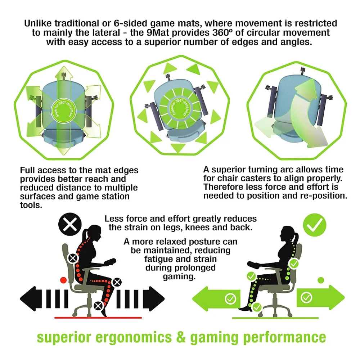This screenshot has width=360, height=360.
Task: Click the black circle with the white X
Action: pos(70,224)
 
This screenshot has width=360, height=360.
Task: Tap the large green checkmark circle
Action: pos(315,225)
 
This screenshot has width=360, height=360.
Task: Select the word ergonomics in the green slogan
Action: pos(133,338)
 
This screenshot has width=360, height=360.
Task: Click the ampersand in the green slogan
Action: pos(181,337)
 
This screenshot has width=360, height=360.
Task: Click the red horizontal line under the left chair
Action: pos(98,318)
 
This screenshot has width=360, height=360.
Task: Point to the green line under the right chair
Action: pos(275,318)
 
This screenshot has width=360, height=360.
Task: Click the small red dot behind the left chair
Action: pos(63,280)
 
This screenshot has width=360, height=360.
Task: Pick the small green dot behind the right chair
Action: pos(321,280)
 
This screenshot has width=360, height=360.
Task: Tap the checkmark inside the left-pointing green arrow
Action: pos(230,299)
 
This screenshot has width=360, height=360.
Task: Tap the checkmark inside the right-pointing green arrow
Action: pos(306,298)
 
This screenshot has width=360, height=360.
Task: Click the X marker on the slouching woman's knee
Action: pos(117,282)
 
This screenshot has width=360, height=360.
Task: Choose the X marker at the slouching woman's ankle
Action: pos(99,306)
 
